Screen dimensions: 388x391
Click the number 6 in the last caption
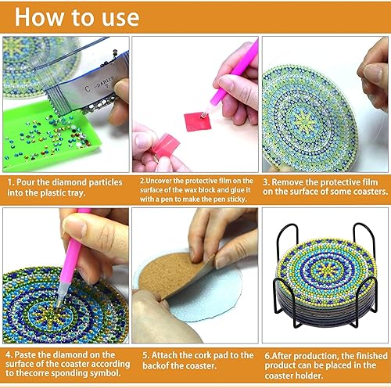coord(266,354)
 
